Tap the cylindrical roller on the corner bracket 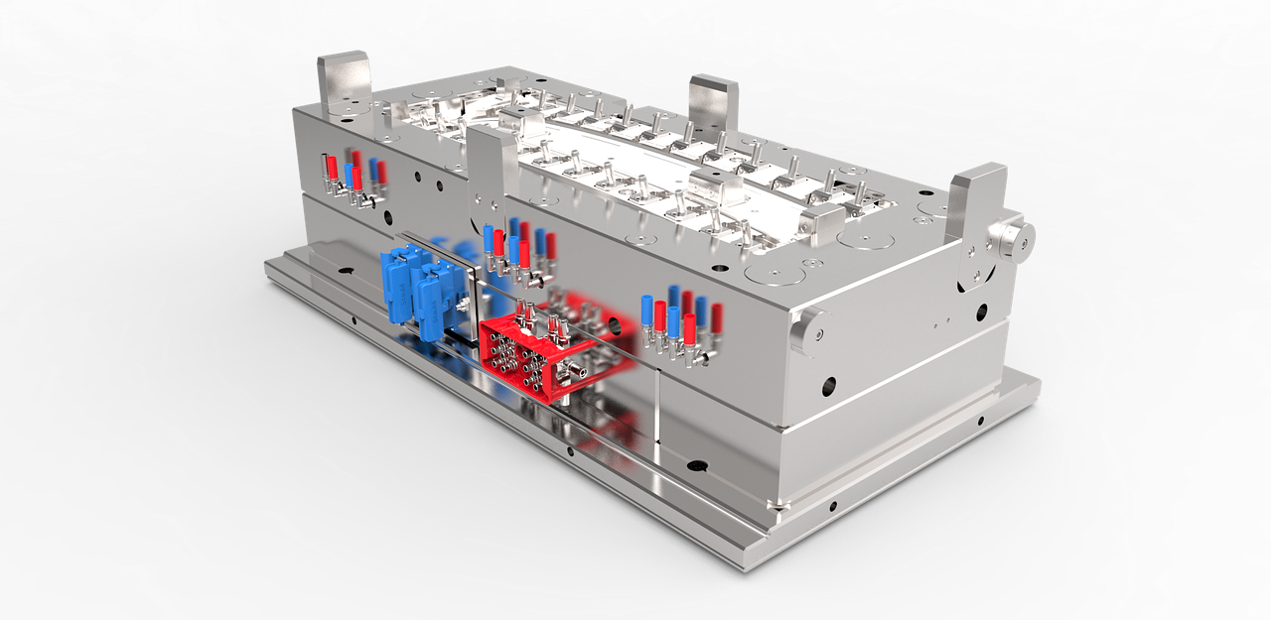tap(1012, 237)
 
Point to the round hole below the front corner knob tap(827, 385)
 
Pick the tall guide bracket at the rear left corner tap(344, 85)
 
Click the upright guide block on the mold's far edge tap(713, 103)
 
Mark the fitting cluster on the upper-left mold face tap(353, 175)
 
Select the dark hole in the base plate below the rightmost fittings tap(694, 464)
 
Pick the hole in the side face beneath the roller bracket tap(981, 311)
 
